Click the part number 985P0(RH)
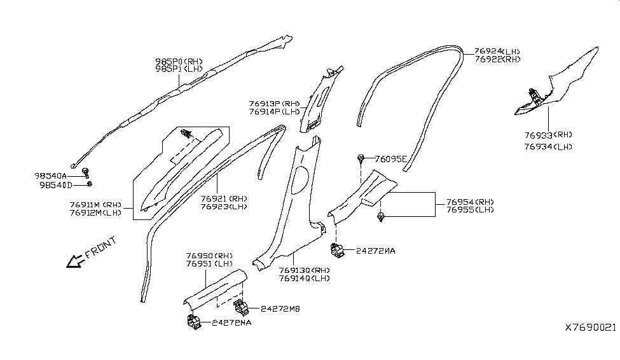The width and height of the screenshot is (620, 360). coord(179,62)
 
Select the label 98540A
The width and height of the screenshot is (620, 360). coord(51,175)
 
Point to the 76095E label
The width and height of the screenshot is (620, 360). coord(391,159)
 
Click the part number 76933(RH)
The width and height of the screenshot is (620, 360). coord(549,135)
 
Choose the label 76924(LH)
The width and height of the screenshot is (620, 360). coord(498,51)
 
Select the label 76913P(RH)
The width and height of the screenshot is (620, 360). coord(275,103)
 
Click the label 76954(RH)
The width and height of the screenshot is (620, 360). coord(470,201)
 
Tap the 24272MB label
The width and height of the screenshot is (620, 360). coord(280,308)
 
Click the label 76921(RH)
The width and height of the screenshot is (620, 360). coord(224,198)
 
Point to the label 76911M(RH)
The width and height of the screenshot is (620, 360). coord(95,205)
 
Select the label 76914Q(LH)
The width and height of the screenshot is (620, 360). coord(305,278)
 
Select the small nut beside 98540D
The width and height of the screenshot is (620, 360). coord(90,184)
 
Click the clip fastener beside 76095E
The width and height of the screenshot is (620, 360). coord(361,157)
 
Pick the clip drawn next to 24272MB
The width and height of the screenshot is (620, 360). coord(242,308)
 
